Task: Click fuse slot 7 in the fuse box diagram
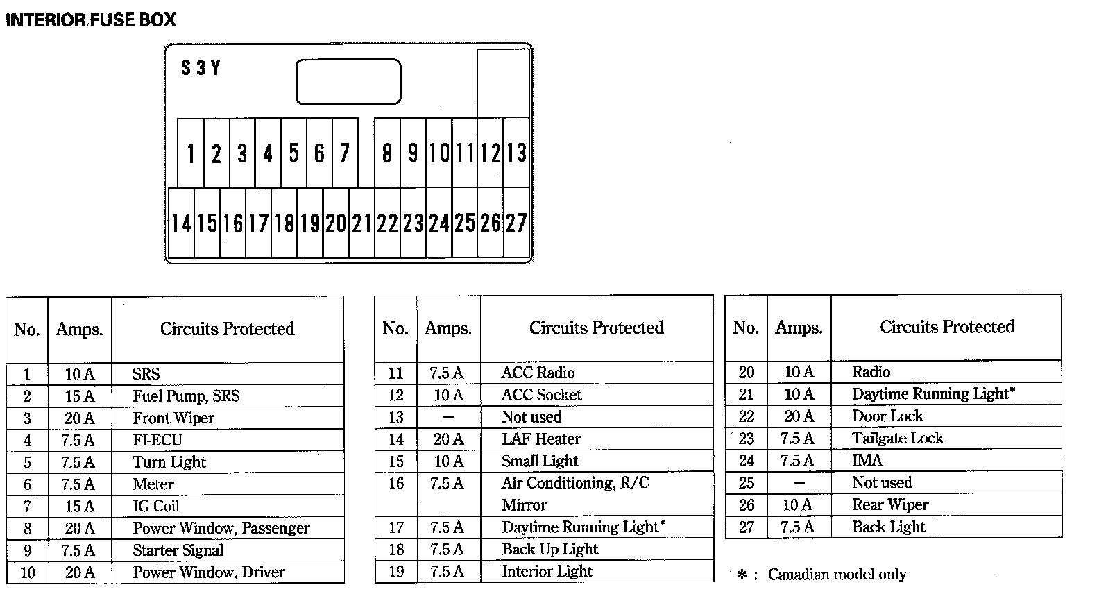[345, 153]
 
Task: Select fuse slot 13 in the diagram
[516, 153]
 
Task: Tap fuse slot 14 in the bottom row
[181, 223]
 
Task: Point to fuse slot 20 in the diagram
[336, 223]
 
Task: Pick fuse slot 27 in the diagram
[516, 223]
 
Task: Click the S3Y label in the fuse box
[201, 68]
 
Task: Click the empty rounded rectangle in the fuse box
[348, 82]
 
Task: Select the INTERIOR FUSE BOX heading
[91, 19]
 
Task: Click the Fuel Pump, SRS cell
[186, 396]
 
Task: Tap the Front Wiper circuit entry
[173, 418]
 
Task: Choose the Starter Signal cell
[178, 551]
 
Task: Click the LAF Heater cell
[541, 439]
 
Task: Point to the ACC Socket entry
[542, 395]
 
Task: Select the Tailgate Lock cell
[898, 439]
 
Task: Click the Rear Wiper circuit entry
[890, 505]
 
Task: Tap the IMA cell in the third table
[867, 461]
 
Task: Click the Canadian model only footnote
[836, 575]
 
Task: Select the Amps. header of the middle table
[448, 328]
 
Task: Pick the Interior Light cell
[547, 572]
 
